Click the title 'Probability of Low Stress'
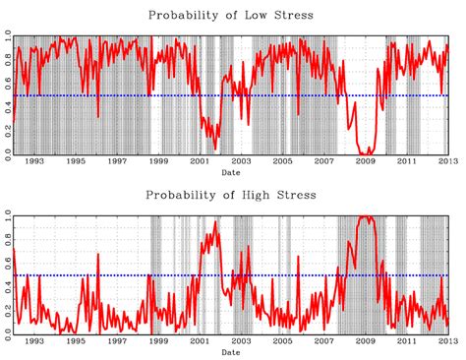pos(231,15)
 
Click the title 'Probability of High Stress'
pos(231,195)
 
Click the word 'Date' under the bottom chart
pos(231,351)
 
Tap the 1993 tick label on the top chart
pos(32,162)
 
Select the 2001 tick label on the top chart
pos(199,162)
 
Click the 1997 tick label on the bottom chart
pos(116,342)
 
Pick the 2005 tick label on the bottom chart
pos(282,342)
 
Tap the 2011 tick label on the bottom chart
pos(407,342)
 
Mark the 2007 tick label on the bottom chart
pos(323,342)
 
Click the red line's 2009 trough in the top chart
pos(368,152)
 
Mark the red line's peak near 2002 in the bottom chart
pos(215,222)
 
